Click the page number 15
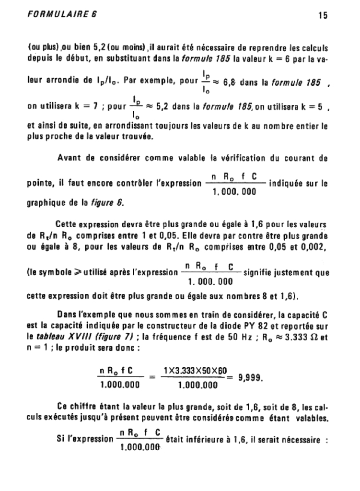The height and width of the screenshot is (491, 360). coord(322,15)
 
